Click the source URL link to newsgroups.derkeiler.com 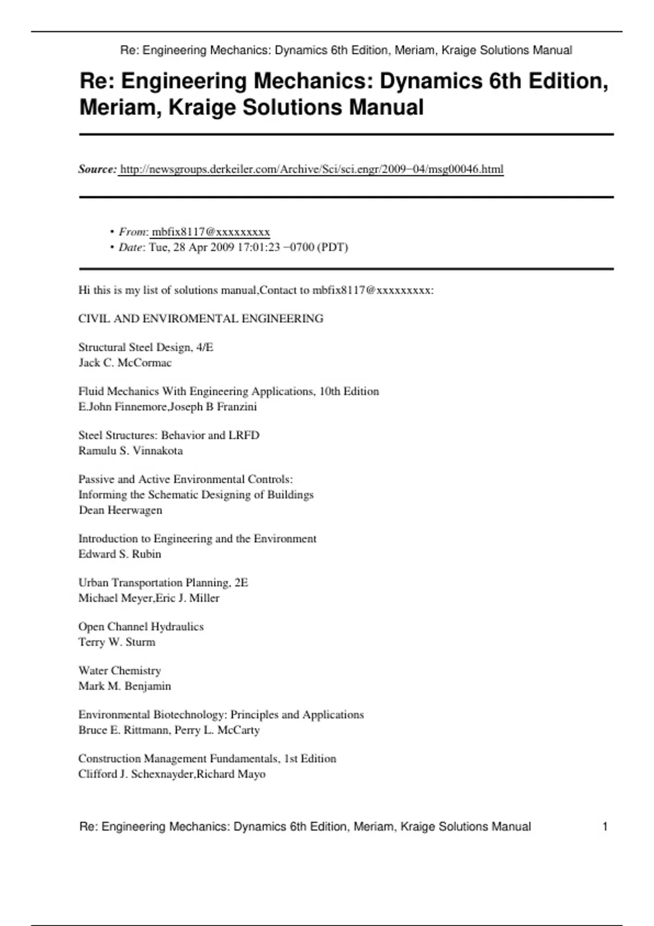pos(311,169)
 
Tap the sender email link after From pos(210,232)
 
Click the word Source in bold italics pos(96,169)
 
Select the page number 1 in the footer pos(604,827)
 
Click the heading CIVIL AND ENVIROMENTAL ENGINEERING pos(201,319)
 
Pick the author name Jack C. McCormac pos(125,363)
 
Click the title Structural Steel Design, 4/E pos(146,348)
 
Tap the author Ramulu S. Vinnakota pos(130,451)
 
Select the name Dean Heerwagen pos(120,510)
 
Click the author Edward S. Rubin pos(119,555)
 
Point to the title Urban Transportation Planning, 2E pos(163,583)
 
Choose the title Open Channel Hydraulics pos(141,627)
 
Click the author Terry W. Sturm pos(117,642)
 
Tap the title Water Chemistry pos(119,671)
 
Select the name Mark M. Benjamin pos(124,686)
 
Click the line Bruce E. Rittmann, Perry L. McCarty pos(169,730)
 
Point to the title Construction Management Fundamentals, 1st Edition pos(207,759)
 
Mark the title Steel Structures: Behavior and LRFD pos(168,436)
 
